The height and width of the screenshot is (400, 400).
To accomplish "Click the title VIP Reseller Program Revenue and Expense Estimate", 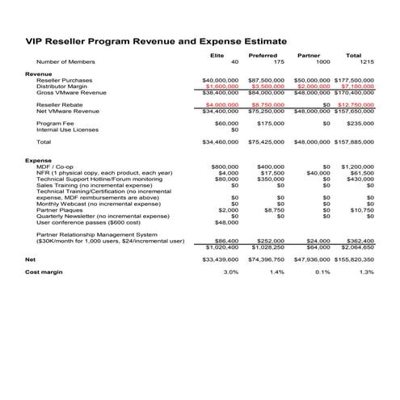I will [157, 41].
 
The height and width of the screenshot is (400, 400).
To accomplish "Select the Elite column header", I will [217, 55].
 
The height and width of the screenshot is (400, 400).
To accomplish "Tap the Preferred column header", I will [263, 55].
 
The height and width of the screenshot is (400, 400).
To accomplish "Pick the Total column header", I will [353, 55].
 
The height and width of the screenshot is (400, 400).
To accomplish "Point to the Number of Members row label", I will [66, 61].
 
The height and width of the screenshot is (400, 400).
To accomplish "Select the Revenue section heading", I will [39, 74].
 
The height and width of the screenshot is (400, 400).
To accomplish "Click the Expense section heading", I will [39, 160].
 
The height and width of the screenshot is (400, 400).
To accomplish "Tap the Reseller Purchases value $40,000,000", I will [220, 80].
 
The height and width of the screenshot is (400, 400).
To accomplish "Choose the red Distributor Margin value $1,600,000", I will [222, 86].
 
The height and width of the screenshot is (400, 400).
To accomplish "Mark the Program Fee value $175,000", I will [269, 124].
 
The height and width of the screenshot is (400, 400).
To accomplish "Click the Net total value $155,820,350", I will [354, 259].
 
